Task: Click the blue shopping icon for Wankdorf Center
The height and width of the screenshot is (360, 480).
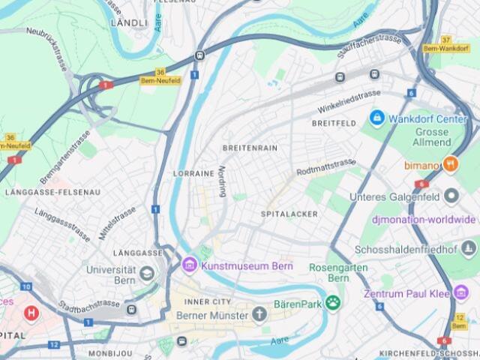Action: click(x=376, y=118)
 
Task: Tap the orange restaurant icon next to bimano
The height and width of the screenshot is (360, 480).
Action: click(x=451, y=163)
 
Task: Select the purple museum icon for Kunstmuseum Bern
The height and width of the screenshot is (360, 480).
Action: click(x=189, y=265)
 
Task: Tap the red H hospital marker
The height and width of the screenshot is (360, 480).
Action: click(x=31, y=312)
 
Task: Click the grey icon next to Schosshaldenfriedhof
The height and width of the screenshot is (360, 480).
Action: click(x=469, y=247)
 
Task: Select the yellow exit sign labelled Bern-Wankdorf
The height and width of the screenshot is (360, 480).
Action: click(x=445, y=47)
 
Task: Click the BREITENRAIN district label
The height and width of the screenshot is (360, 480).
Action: click(x=250, y=148)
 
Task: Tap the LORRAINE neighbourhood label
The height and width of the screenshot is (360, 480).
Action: click(x=194, y=173)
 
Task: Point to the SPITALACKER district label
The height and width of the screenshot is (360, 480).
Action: click(x=289, y=214)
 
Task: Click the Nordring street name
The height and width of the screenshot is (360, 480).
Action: click(x=222, y=181)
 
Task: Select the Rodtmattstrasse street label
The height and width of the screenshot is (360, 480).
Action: click(x=325, y=166)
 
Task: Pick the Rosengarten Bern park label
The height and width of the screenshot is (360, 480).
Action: click(x=329, y=272)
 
